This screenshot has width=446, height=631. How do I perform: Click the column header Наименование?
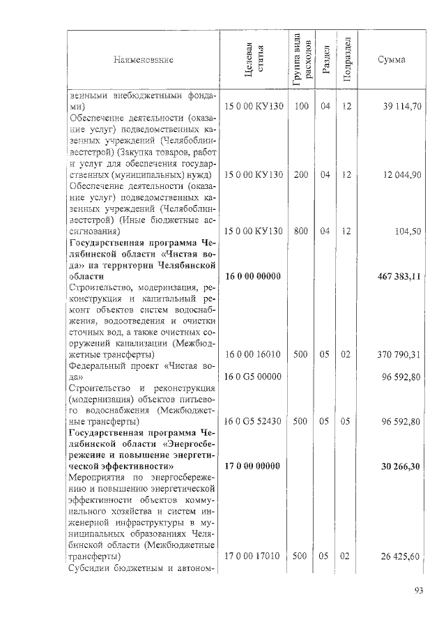143,60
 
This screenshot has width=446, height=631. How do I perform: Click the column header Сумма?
392,60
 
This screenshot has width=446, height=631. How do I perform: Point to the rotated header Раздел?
325,61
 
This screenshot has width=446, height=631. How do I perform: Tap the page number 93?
419,592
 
